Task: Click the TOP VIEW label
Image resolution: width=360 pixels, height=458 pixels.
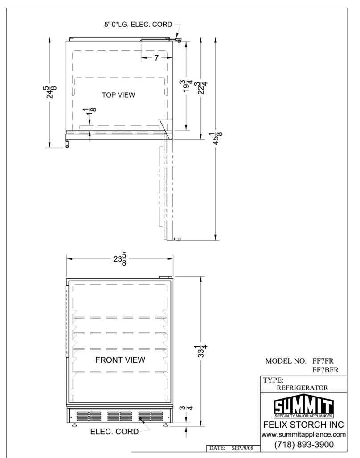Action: tap(119, 95)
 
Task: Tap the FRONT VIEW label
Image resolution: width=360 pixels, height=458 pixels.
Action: tap(120, 360)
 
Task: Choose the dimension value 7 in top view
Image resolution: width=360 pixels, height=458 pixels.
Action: tap(157, 58)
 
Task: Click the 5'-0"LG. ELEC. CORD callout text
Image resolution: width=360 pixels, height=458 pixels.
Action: tap(138, 25)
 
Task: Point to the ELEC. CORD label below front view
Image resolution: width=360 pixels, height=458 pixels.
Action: tap(115, 432)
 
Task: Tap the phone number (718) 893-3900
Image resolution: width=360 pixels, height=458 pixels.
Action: tap(304, 444)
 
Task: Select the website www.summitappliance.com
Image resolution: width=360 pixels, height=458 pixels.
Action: tap(303, 435)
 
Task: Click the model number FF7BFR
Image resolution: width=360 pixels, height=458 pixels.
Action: tap(326, 370)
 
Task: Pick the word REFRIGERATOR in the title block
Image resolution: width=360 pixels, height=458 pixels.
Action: tap(302, 388)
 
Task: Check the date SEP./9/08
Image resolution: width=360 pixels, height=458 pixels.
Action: tap(242, 448)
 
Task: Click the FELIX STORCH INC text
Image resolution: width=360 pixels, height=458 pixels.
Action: tap(303, 425)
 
